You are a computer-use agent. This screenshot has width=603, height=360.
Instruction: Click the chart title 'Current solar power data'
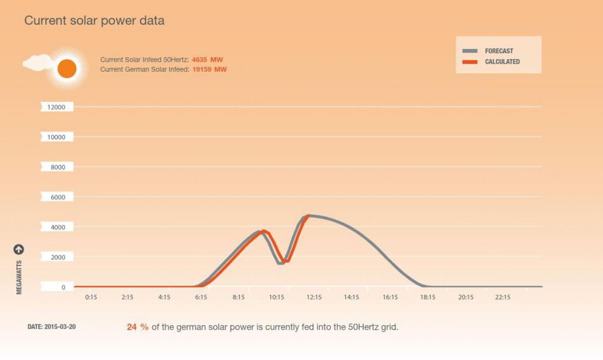pos(94,20)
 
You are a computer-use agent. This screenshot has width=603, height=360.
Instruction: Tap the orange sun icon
pos(67,69)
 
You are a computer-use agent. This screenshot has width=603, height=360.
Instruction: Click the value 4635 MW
pos(208,60)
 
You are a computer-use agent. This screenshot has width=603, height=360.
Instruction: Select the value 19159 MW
pos(209,69)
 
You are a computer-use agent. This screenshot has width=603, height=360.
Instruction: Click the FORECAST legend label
pos(499,51)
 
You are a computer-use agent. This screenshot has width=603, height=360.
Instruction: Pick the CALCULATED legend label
pos(502,62)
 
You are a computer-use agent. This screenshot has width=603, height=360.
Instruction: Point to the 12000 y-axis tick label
pos(56,107)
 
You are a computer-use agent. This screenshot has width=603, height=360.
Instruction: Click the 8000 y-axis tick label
pos(58,167)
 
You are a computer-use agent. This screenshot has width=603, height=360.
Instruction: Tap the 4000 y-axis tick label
pos(58,227)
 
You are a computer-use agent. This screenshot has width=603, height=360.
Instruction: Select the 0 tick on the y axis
pos(63,288)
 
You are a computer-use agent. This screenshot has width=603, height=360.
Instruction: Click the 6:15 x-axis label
pos(201,297)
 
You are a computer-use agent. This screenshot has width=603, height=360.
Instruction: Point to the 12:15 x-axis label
pos(314,297)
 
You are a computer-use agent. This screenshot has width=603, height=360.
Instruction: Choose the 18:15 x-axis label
pos(428,297)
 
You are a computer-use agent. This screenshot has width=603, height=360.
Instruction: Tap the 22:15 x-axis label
pos(503,297)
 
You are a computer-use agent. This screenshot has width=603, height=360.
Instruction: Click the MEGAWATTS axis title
pos(19,277)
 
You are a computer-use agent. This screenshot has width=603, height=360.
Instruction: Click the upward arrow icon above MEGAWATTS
pos(19,250)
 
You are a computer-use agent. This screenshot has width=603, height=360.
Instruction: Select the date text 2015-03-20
pos(60,326)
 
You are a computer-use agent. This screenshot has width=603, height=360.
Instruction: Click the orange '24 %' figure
pos(138,327)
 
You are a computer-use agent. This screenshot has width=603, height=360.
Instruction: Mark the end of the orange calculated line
pos(308,216)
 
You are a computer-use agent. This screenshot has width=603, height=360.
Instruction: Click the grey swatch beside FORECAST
pos(470,51)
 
